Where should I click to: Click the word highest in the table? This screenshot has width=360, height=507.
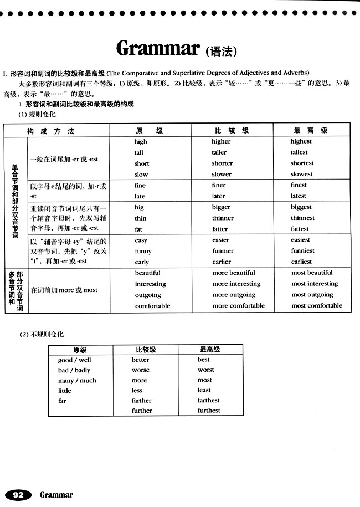(301, 141)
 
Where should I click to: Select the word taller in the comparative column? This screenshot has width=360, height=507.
(219, 152)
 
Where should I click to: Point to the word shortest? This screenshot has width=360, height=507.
(302, 163)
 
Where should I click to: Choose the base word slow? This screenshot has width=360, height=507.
(141, 174)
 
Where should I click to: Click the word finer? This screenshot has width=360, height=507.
(219, 185)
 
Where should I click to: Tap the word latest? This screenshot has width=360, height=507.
(299, 196)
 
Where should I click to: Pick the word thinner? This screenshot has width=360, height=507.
(223, 218)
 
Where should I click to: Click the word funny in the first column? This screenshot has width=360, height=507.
(143, 251)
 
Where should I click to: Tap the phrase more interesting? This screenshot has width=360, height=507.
(236, 284)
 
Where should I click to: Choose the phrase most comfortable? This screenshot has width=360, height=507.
(317, 305)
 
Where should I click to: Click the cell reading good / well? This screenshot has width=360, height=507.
(75, 360)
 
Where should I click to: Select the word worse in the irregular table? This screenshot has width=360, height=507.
(140, 370)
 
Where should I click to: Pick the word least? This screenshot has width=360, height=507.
(204, 390)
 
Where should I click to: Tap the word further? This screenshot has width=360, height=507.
(142, 411)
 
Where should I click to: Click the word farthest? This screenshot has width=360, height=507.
(209, 400)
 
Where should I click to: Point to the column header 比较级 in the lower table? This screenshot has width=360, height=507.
(146, 350)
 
